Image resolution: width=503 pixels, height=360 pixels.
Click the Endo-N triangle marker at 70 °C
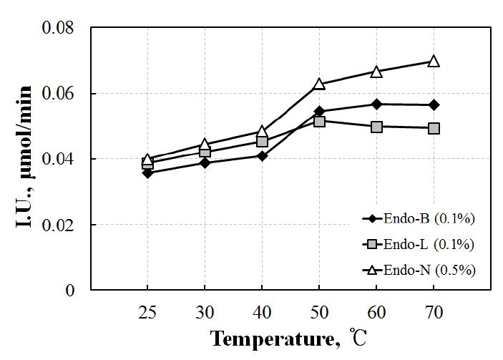(434, 62)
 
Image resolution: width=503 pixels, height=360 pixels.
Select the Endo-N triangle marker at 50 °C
(319, 84)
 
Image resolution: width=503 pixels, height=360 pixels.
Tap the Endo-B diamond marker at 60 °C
(376, 104)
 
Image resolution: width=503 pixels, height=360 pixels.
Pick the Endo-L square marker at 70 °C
(434, 128)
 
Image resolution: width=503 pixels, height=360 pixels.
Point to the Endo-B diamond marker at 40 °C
(262, 155)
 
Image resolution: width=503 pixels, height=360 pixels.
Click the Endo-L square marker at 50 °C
(319, 121)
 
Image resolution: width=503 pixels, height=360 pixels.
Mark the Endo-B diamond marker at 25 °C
(147, 172)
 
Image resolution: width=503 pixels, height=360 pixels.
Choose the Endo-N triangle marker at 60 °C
(376, 72)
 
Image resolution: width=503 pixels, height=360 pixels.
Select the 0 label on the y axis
(69, 291)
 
